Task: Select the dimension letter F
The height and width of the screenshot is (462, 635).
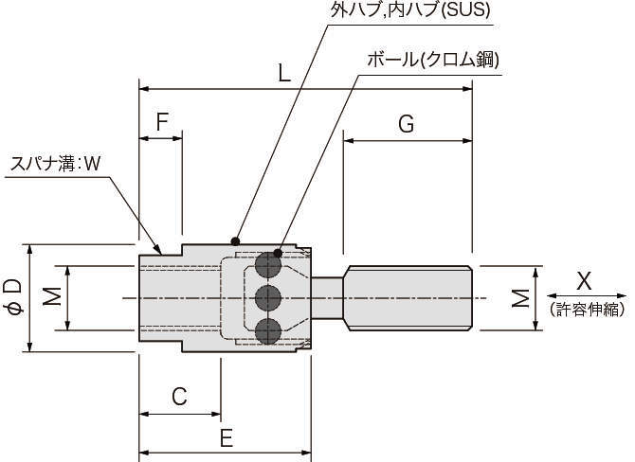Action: (x=162, y=121)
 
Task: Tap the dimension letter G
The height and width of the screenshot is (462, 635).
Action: (x=406, y=123)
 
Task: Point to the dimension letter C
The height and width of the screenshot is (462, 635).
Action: (x=178, y=397)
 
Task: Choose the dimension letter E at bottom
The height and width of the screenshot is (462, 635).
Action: (x=226, y=437)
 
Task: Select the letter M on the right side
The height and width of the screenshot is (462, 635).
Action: (x=520, y=298)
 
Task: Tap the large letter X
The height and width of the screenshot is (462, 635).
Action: (x=584, y=280)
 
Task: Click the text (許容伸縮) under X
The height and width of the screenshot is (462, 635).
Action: (x=587, y=309)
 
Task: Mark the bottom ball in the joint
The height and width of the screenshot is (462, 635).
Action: (x=268, y=330)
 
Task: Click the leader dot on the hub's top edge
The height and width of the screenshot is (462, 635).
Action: (x=235, y=240)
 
